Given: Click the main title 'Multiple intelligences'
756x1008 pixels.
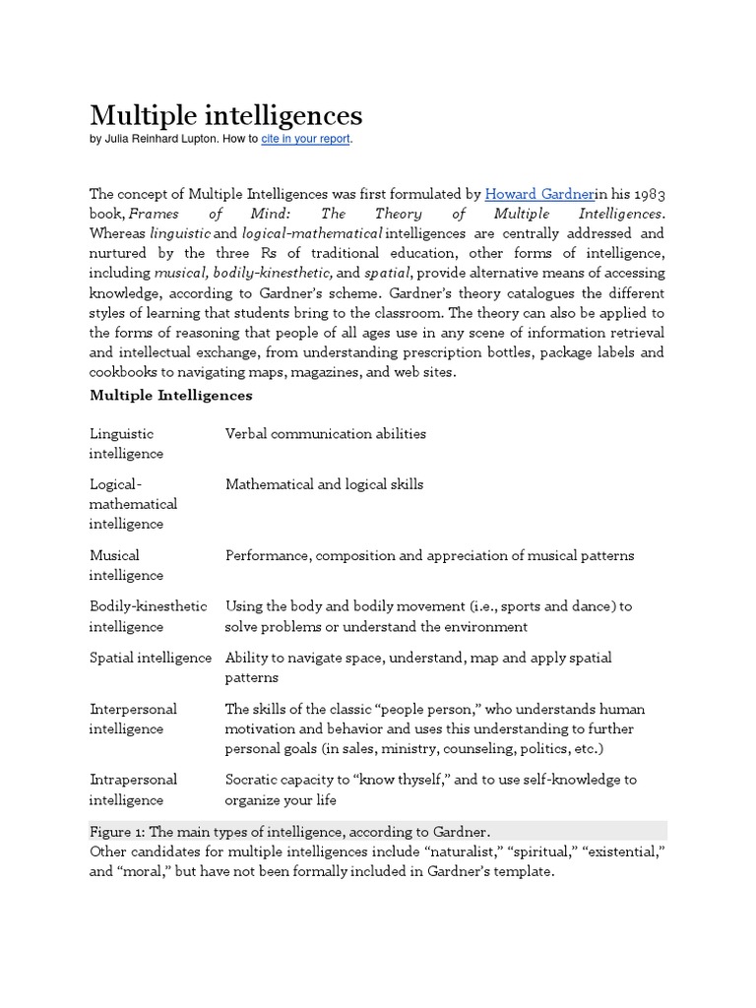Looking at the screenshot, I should (226, 115).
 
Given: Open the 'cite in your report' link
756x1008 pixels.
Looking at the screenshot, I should (305, 140).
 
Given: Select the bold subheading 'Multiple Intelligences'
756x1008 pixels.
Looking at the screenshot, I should (170, 395).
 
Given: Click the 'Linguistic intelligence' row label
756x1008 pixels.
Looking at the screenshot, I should (126, 443).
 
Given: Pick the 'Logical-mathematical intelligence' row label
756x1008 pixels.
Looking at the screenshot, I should (133, 504).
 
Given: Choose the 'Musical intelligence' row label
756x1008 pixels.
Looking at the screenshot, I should (126, 565).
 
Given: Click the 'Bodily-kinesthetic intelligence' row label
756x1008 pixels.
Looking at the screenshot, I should (148, 616).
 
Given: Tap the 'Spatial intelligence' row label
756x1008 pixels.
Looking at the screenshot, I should (150, 658).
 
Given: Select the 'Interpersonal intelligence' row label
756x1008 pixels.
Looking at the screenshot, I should (133, 719).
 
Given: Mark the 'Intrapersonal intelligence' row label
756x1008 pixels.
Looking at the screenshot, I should (133, 789).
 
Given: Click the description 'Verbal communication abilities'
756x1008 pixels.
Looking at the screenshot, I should (325, 433).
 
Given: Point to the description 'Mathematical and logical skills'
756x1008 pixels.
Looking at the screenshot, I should (324, 484).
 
